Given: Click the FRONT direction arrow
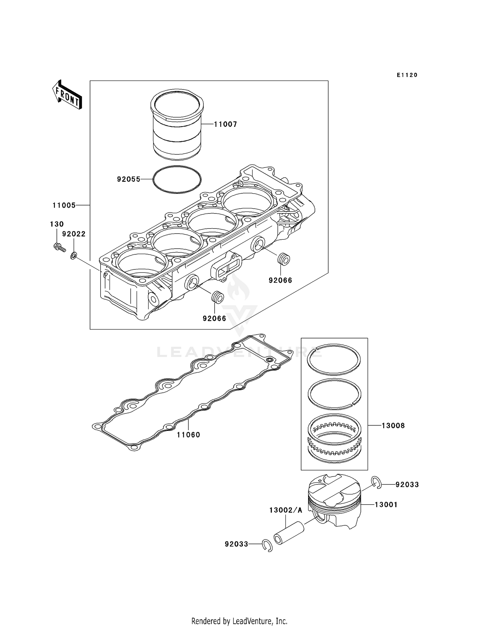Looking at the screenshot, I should (x=67, y=95).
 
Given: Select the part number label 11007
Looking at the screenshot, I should (x=225, y=124).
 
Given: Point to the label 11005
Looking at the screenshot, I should (x=64, y=205).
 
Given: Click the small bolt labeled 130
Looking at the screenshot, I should (x=59, y=247).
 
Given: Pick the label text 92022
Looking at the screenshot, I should (x=74, y=234).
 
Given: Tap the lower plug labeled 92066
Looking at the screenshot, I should (x=217, y=297).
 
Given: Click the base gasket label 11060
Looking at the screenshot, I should (x=188, y=435).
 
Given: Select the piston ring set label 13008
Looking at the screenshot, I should (x=393, y=426).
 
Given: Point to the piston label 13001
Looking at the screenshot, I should (x=386, y=505).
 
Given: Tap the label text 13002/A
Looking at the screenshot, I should (x=285, y=510).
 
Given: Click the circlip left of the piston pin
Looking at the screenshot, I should (x=267, y=546).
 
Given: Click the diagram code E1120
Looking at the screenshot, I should (x=407, y=75).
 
